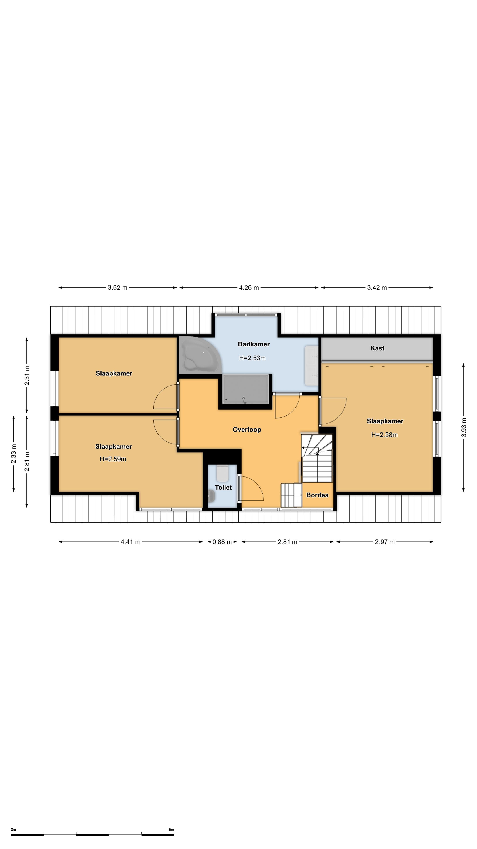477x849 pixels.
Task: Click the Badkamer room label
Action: click(x=254, y=344)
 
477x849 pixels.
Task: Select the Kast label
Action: click(x=377, y=348)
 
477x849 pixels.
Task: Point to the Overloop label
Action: click(x=247, y=429)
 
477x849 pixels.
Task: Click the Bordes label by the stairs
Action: click(x=317, y=495)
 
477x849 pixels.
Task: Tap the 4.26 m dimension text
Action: click(x=249, y=287)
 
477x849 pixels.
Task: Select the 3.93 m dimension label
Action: click(x=464, y=427)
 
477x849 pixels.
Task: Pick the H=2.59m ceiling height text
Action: click(x=113, y=459)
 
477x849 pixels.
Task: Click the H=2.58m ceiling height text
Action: click(x=384, y=435)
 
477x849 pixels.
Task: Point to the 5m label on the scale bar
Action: click(x=171, y=830)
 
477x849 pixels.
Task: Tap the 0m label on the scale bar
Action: click(x=13, y=830)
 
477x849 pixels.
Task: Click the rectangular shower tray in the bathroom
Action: click(x=246, y=389)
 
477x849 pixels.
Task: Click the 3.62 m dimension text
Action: click(x=117, y=287)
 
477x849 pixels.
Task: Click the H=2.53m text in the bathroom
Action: click(x=252, y=358)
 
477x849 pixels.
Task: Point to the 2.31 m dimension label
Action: click(x=27, y=375)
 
